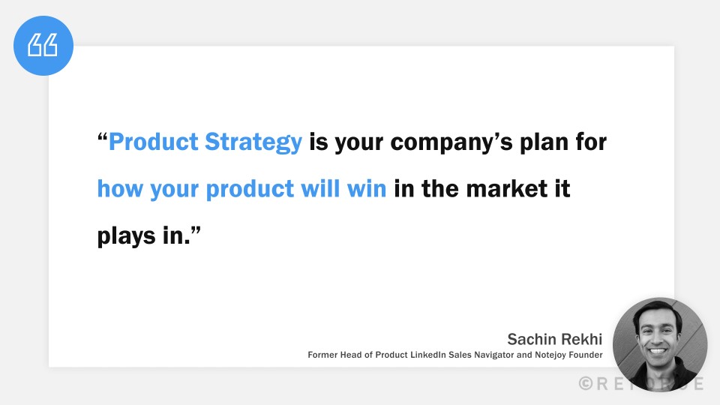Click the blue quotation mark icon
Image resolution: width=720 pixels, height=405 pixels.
point(43,46)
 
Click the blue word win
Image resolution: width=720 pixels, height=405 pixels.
point(367,189)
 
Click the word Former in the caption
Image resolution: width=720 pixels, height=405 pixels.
point(323,355)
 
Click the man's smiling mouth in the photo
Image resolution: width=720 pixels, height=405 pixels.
point(658,351)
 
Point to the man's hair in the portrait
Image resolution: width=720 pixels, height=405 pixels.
point(657,307)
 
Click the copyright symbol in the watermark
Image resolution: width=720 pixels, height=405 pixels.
point(586,383)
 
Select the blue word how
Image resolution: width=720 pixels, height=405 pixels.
point(121,189)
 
